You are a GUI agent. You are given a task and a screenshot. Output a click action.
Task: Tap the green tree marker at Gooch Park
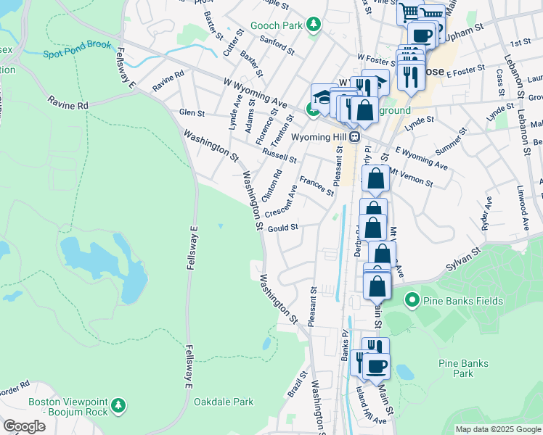314,25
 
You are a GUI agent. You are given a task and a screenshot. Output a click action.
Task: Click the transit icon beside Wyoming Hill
355,136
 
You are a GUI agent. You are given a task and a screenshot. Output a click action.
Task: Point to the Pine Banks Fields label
452,299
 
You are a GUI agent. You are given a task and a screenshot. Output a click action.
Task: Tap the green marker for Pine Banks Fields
412,299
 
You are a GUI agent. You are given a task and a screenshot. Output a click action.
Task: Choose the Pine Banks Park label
457,368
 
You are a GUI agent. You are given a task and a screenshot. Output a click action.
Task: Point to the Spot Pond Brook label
77,49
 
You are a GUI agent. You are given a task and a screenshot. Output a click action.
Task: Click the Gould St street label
283,228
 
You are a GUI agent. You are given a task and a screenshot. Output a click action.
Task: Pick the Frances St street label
317,186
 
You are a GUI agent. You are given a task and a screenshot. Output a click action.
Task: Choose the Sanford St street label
276,46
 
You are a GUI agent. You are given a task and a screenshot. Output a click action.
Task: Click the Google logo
24,426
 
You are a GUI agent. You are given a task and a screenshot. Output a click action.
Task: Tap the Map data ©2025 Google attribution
497,429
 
